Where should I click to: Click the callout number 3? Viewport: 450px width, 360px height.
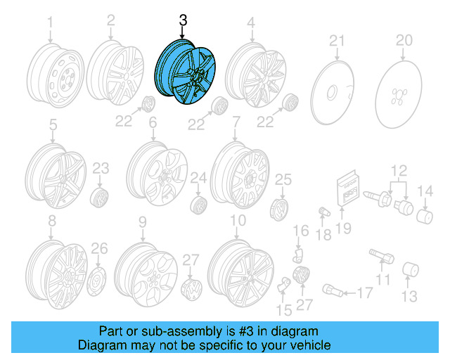click(183, 22)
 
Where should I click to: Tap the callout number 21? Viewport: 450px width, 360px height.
click(337, 39)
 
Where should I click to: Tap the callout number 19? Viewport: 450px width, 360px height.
click(343, 227)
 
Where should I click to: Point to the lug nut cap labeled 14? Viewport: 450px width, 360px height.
click(425, 214)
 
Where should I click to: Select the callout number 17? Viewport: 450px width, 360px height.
click(364, 292)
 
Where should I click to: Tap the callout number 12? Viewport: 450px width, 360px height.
click(399, 169)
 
